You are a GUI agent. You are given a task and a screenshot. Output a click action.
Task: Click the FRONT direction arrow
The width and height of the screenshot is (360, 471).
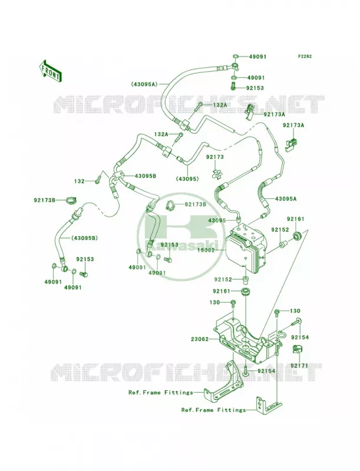tap(50, 71)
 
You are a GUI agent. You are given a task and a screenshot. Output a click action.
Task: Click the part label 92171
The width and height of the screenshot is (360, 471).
tap(299, 365)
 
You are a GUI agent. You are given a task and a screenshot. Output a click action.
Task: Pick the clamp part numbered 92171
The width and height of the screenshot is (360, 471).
tap(297, 349)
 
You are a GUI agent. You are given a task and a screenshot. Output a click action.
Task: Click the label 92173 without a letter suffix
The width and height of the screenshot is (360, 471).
tap(215, 157)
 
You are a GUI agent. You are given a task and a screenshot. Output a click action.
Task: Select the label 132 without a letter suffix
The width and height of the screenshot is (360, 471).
tap(80, 181)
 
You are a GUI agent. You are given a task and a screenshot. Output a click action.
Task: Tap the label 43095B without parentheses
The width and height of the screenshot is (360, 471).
tap(145, 176)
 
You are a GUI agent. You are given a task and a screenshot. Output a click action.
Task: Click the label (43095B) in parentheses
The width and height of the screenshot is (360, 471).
tap(84, 238)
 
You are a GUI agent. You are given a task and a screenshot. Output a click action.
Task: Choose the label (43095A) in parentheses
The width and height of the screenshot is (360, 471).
tap(144, 84)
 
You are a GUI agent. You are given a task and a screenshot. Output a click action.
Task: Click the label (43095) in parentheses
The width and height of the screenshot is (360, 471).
tap(188, 179)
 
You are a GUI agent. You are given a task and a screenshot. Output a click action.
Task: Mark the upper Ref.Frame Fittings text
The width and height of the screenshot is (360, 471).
tap(161, 392)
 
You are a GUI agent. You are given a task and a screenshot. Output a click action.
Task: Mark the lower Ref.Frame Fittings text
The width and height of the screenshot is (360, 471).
tap(213, 410)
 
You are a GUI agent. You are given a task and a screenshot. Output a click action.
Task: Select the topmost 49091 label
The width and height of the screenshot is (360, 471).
tap(257, 57)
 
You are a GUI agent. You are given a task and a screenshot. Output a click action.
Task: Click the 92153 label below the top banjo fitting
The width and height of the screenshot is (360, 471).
tap(255, 88)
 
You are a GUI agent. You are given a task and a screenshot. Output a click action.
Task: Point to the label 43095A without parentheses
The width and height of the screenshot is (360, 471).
tap(286, 198)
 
